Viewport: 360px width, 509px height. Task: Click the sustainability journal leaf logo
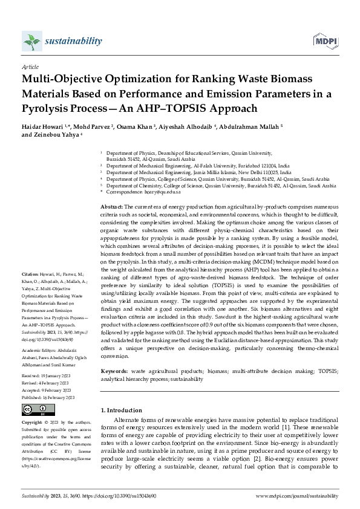pyautogui.click(x=31, y=41)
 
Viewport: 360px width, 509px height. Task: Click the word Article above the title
pyautogui.click(x=30, y=67)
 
